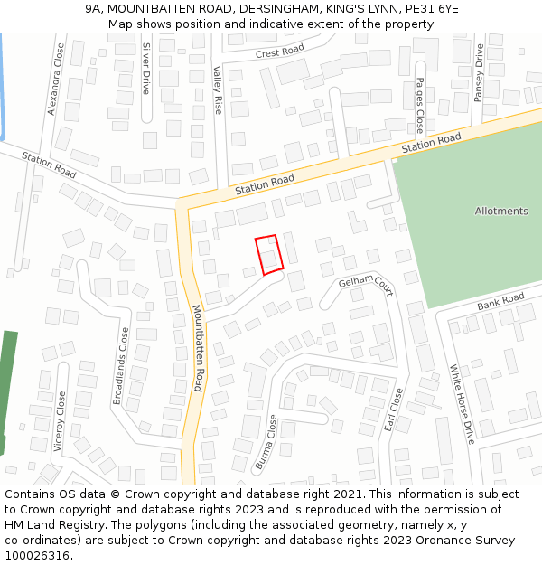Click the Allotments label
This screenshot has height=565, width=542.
(501, 212)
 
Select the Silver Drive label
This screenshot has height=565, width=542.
(145, 69)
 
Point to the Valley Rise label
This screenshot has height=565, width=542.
(218, 89)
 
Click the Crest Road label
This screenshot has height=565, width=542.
(280, 53)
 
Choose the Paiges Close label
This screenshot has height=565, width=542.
(420, 105)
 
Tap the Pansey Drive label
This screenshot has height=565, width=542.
(480, 72)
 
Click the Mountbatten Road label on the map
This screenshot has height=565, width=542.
(198, 347)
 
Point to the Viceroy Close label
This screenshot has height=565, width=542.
(61, 422)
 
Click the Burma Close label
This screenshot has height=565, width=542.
(266, 442)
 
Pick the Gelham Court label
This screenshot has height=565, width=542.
(366, 286)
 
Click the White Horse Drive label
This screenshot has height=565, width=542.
(462, 404)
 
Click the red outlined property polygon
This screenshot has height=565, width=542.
(269, 254)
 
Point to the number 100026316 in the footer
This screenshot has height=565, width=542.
(35, 555)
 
